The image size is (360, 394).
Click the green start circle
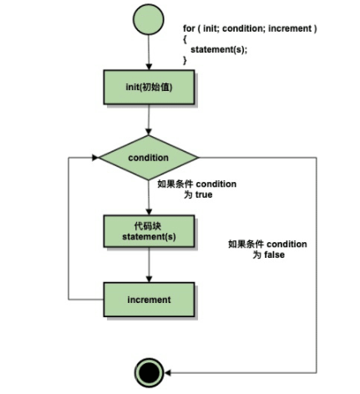click(x=149, y=19)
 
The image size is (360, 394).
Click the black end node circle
click(x=149, y=372)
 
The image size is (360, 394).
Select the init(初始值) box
click(x=149, y=87)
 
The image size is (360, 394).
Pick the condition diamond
click(x=149, y=158)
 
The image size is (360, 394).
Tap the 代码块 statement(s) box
click(x=149, y=231)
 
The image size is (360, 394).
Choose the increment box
click(x=149, y=300)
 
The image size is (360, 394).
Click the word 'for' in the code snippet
click(x=189, y=28)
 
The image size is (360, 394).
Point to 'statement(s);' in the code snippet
click(x=219, y=50)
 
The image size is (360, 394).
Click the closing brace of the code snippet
click(x=185, y=60)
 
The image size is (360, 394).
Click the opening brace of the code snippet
click(x=185, y=39)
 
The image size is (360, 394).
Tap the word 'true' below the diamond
click(x=204, y=194)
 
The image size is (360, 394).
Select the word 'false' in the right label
click(x=274, y=255)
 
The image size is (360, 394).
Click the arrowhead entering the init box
click(x=149, y=67)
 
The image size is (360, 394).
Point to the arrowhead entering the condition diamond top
click(x=149, y=132)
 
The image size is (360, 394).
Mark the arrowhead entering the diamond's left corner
click(x=95, y=158)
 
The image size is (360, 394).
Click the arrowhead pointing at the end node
click(x=167, y=372)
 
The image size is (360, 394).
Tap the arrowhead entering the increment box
click(x=149, y=279)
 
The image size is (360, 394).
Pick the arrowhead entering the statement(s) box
click(x=149, y=212)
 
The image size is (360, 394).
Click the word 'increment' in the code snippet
click(x=290, y=28)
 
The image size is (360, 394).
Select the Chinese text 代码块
click(x=148, y=225)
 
